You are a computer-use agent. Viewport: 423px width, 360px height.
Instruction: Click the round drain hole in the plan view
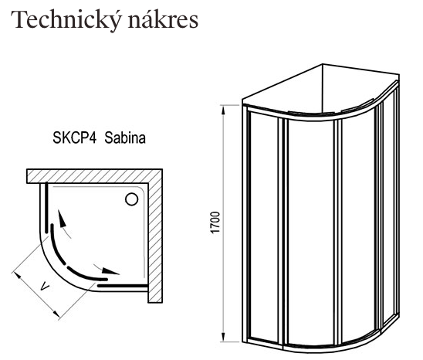point(131,200)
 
